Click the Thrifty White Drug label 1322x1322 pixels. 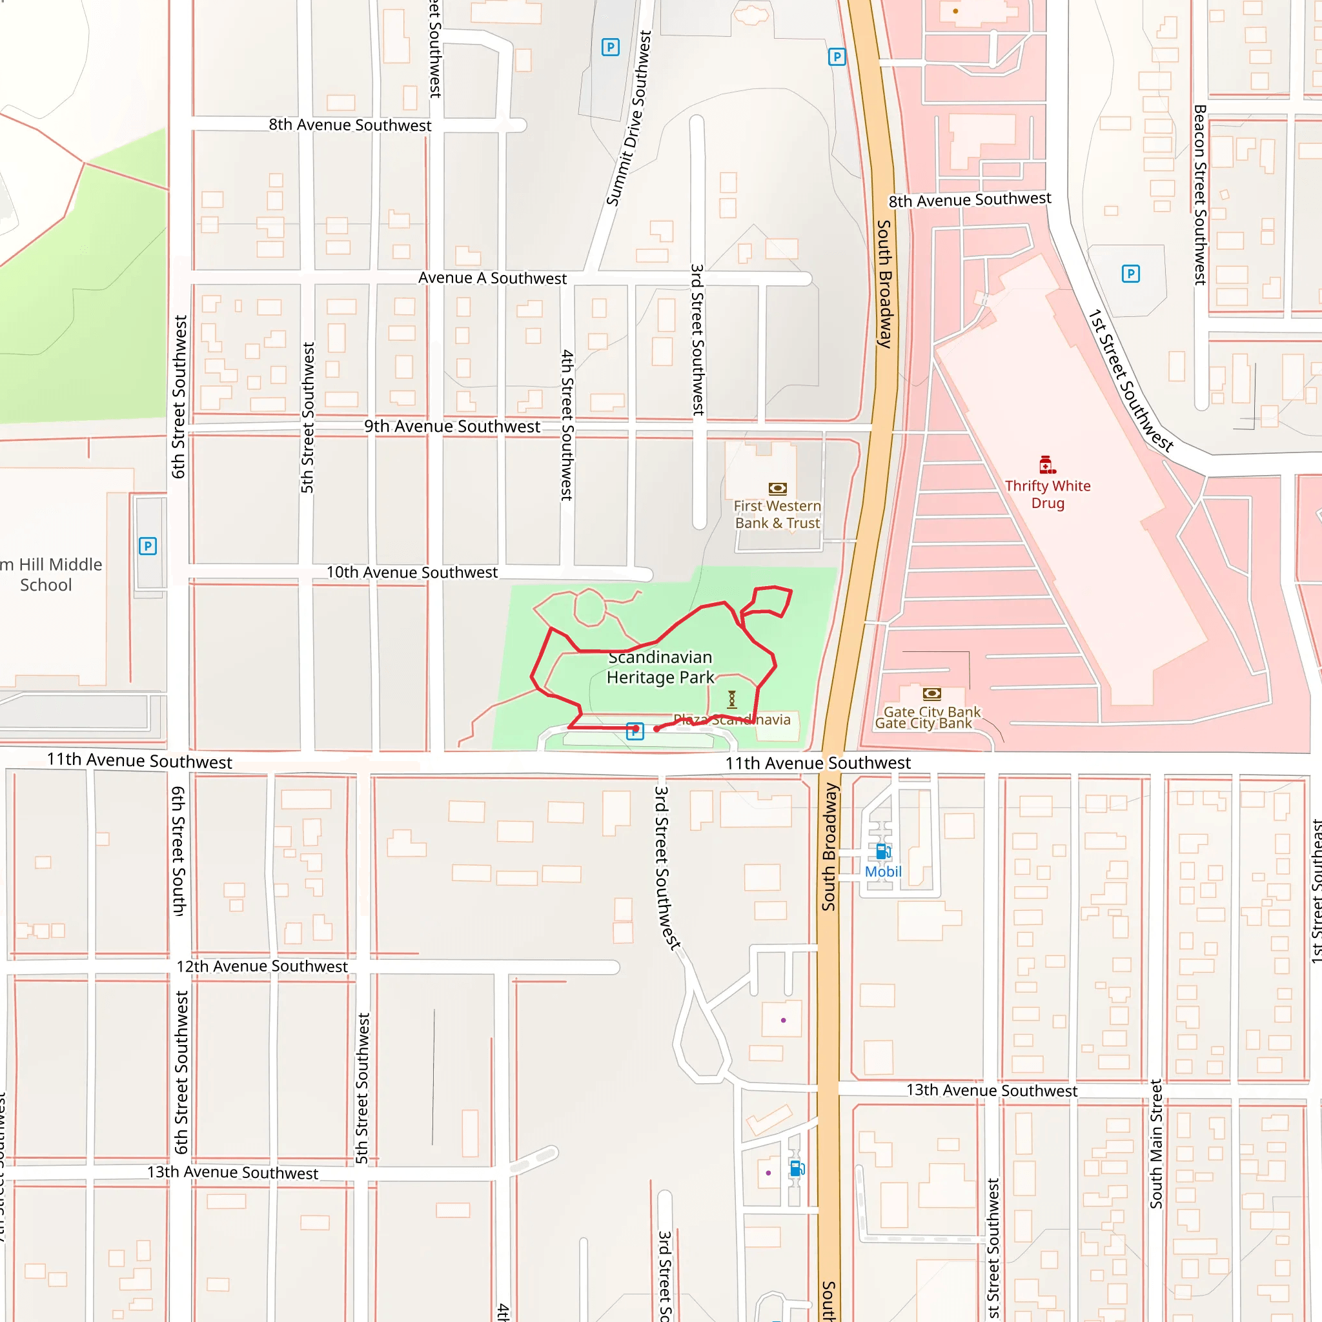pyautogui.click(x=1048, y=494)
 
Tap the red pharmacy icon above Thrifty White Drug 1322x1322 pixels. pyautogui.click(x=1046, y=465)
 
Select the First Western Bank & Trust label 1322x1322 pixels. pyautogui.click(x=777, y=514)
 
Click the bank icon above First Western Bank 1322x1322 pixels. pyautogui.click(x=777, y=489)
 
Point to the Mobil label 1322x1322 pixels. pyautogui.click(x=882, y=871)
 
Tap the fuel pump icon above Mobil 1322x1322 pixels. pyautogui.click(x=882, y=851)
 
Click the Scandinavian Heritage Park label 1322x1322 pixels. pyautogui.click(x=660, y=667)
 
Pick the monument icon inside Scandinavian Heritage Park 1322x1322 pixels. pyautogui.click(x=731, y=698)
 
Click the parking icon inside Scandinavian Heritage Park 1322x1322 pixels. pyautogui.click(x=635, y=731)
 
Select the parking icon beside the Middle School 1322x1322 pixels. pyautogui.click(x=148, y=546)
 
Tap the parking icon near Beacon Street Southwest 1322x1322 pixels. pyautogui.click(x=1130, y=274)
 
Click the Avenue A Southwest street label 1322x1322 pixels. pyautogui.click(x=492, y=278)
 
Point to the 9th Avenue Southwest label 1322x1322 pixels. pyautogui.click(x=452, y=426)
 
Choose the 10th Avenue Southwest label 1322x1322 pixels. pyautogui.click(x=412, y=572)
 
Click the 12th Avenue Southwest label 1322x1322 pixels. pyautogui.click(x=262, y=966)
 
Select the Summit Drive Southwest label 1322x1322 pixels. pyautogui.click(x=629, y=117)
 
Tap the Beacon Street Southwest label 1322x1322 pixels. pyautogui.click(x=1199, y=195)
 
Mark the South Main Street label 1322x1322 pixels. pyautogui.click(x=1155, y=1144)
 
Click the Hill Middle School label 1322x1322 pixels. pyautogui.click(x=52, y=575)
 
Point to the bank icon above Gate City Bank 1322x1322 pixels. pyautogui.click(x=932, y=693)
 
